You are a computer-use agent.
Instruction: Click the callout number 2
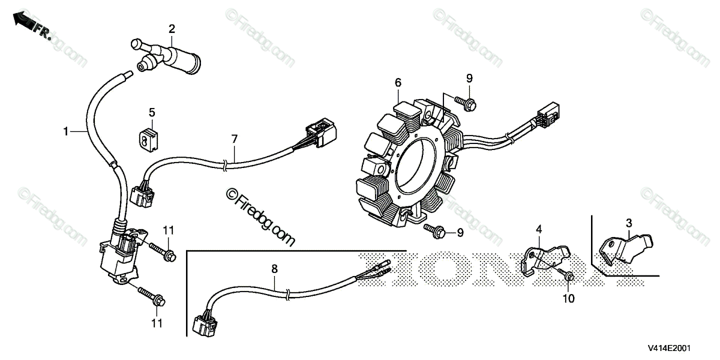[x=172, y=29]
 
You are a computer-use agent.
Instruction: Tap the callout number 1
[x=67, y=130]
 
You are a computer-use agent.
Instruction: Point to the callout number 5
[x=152, y=112]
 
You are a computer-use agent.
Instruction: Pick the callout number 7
[x=235, y=139]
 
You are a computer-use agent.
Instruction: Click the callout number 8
[x=274, y=270]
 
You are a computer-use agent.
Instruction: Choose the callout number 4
[x=539, y=229]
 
